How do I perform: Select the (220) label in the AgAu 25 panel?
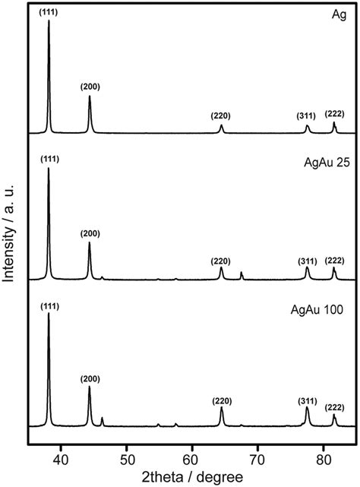(x=221, y=261)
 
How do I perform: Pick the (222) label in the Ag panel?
(x=334, y=114)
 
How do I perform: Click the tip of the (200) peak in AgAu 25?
(x=90, y=242)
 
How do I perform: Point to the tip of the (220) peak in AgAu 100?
(x=221, y=408)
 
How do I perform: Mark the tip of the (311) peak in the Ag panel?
(x=307, y=125)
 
